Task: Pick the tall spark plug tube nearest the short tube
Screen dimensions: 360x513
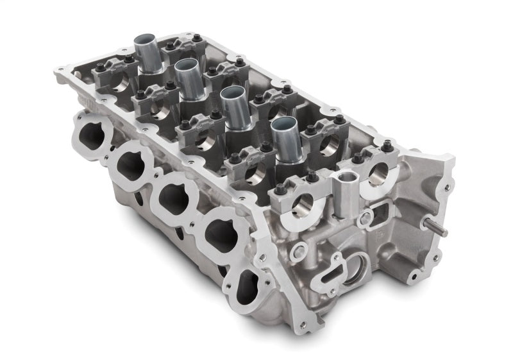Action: click(282, 138)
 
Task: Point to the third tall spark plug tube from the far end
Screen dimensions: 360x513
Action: click(232, 107)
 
